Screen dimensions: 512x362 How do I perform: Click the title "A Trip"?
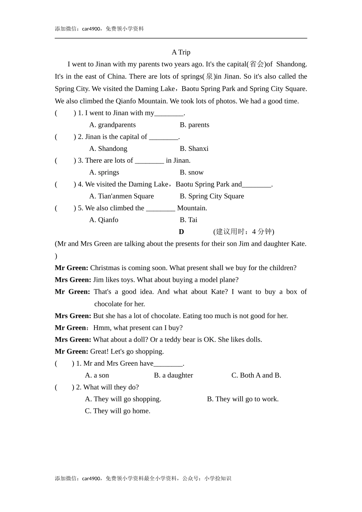[181, 52]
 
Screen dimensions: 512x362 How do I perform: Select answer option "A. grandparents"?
[112, 125]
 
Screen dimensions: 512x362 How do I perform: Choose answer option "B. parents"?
[194, 125]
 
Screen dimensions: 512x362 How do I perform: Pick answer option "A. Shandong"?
[108, 149]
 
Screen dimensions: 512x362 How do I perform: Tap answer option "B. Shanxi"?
[194, 149]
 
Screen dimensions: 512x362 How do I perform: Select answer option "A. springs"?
[104, 173]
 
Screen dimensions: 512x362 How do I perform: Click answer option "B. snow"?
[192, 173]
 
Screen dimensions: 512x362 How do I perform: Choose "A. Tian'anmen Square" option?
[122, 196]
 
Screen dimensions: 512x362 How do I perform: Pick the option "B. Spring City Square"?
[212, 196]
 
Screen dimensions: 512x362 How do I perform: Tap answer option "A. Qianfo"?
[104, 220]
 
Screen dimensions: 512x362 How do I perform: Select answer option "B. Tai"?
[189, 220]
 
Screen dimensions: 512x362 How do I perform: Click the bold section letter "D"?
[181, 232]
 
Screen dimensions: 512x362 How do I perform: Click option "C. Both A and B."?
[256, 375]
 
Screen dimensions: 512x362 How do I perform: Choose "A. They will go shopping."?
[123, 399]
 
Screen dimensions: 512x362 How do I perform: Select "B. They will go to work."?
[243, 399]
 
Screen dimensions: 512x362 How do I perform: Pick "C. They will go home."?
[117, 411]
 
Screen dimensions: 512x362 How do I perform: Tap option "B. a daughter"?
[173, 375]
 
